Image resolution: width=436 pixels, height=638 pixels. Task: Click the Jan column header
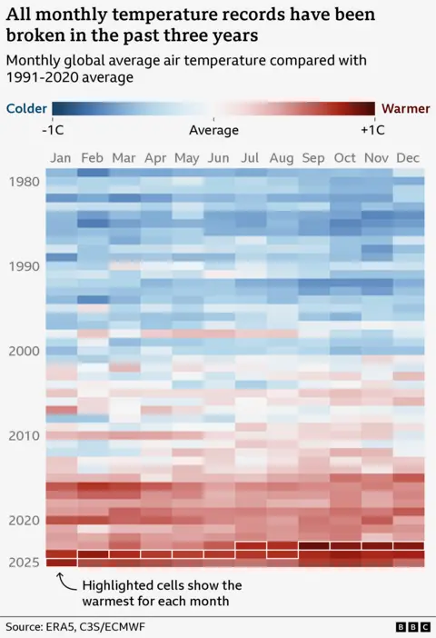click(x=61, y=158)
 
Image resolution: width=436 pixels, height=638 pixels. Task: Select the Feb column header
click(x=92, y=158)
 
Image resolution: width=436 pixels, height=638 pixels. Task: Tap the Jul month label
click(x=251, y=158)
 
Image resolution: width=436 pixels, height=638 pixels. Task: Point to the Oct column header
click(x=345, y=158)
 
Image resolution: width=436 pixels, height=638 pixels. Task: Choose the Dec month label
click(x=408, y=158)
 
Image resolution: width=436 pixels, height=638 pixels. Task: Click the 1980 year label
click(x=24, y=182)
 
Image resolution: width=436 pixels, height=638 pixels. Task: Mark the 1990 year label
click(x=24, y=266)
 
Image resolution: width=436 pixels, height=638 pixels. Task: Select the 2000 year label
click(x=24, y=351)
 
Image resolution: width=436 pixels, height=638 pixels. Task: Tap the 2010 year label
click(x=24, y=435)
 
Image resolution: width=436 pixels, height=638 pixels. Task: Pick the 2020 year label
click(x=24, y=521)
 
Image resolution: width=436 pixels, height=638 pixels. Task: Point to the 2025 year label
click(x=24, y=563)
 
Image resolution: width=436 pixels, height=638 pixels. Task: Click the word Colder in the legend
click(x=27, y=108)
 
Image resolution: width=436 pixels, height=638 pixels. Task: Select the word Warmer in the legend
click(x=406, y=108)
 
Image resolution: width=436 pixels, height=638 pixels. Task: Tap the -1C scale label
click(x=53, y=130)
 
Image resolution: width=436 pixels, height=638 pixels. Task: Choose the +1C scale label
click(x=372, y=130)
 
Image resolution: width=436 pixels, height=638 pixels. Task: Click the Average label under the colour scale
click(x=213, y=130)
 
